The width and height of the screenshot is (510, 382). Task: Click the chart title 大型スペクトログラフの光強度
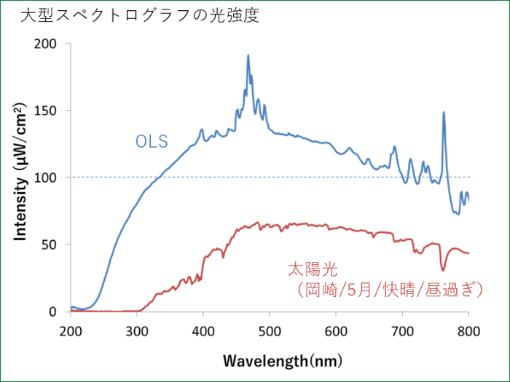coord(138,16)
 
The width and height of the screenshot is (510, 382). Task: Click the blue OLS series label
coord(152,140)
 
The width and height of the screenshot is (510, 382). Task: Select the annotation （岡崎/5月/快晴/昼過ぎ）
coord(391,290)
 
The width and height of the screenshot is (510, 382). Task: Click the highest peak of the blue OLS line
coord(248,55)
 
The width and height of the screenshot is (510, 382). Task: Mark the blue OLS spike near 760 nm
coord(444,113)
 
